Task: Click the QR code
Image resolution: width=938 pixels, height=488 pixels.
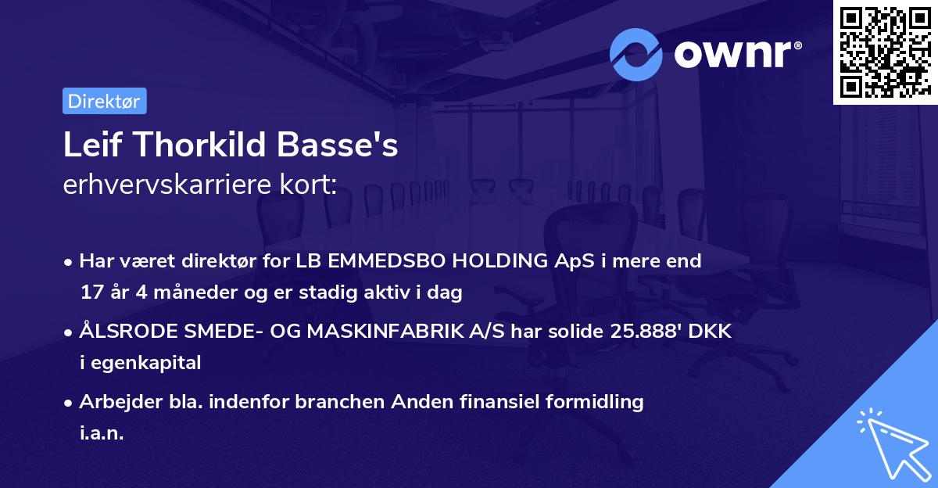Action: click(x=885, y=52)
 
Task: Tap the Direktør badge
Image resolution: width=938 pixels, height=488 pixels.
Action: click(x=104, y=101)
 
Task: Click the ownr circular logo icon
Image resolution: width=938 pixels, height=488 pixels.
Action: click(x=636, y=55)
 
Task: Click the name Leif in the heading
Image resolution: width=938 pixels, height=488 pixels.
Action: click(x=88, y=146)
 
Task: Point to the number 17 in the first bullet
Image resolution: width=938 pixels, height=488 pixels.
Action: click(x=91, y=292)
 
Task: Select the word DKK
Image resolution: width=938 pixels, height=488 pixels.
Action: click(x=711, y=332)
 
